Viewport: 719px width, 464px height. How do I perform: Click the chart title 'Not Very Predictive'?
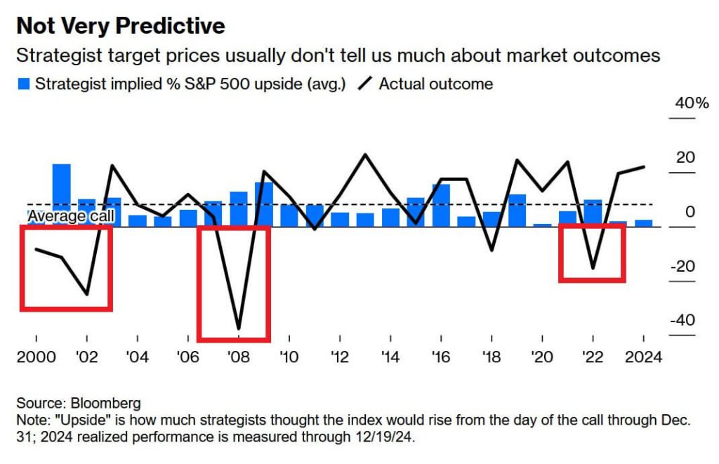120,26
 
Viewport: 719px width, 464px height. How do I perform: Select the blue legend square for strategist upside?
24,84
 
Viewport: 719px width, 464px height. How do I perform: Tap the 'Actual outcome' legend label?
435,84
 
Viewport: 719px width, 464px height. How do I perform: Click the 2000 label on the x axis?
36,357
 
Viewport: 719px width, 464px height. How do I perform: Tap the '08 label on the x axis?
238,357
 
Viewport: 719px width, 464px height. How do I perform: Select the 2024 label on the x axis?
643,357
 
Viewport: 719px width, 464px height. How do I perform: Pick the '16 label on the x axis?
441,357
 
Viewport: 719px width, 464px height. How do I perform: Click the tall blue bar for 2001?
62,195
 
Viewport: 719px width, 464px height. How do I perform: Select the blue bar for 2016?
441,205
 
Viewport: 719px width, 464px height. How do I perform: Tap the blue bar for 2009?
264,204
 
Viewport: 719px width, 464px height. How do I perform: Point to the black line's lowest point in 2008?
239,328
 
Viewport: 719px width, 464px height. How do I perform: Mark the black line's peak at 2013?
365,154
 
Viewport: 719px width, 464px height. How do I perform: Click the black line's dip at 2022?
593,268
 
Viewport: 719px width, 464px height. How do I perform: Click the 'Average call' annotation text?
70,216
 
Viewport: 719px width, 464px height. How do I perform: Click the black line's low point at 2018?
492,250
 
